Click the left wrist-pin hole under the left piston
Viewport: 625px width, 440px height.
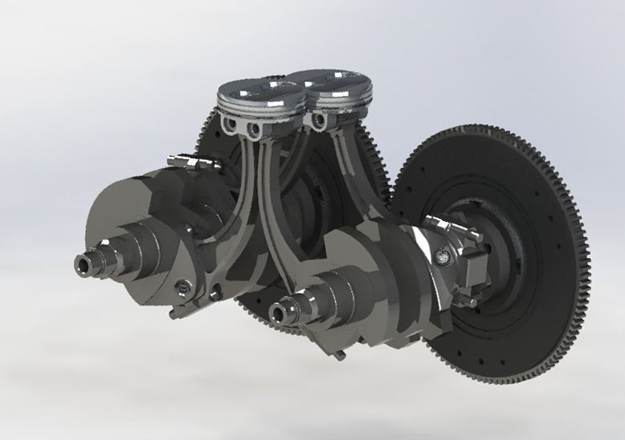[235, 126]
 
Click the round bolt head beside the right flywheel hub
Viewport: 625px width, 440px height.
[440, 257]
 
